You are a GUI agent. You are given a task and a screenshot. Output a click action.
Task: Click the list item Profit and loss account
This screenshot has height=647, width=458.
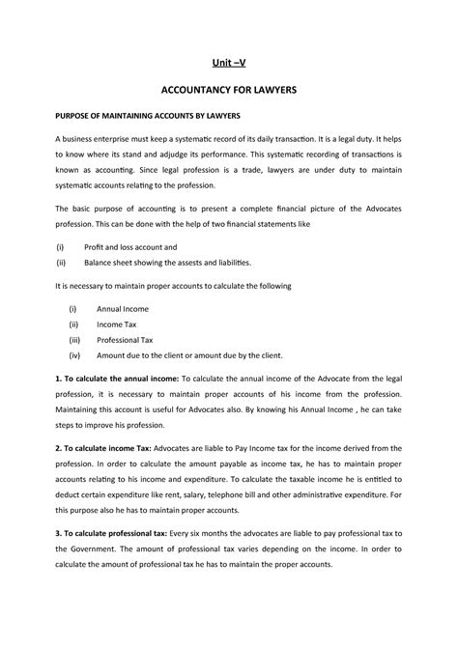click(x=134, y=247)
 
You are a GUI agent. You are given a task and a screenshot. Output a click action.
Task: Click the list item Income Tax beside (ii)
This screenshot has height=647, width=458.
click(x=118, y=325)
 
